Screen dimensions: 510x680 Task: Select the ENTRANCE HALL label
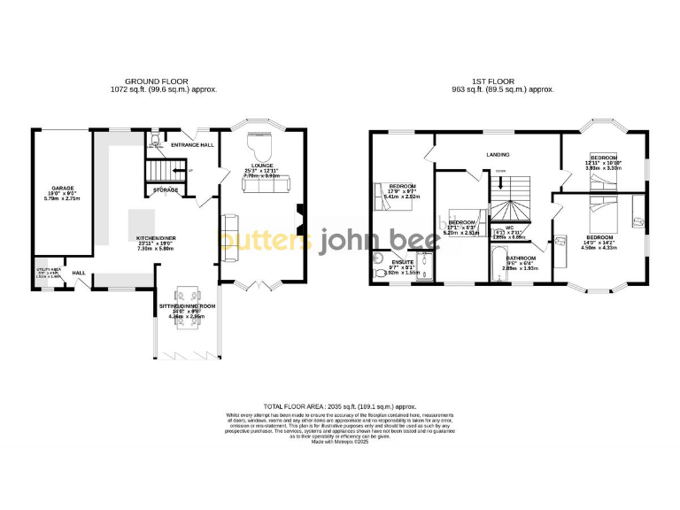click(x=192, y=144)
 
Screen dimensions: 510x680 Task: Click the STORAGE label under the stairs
click(x=166, y=190)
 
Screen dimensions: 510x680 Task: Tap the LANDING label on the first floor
click(x=498, y=155)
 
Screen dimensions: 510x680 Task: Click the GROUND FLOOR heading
click(x=156, y=81)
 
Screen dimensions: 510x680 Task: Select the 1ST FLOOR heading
click(x=503, y=81)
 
